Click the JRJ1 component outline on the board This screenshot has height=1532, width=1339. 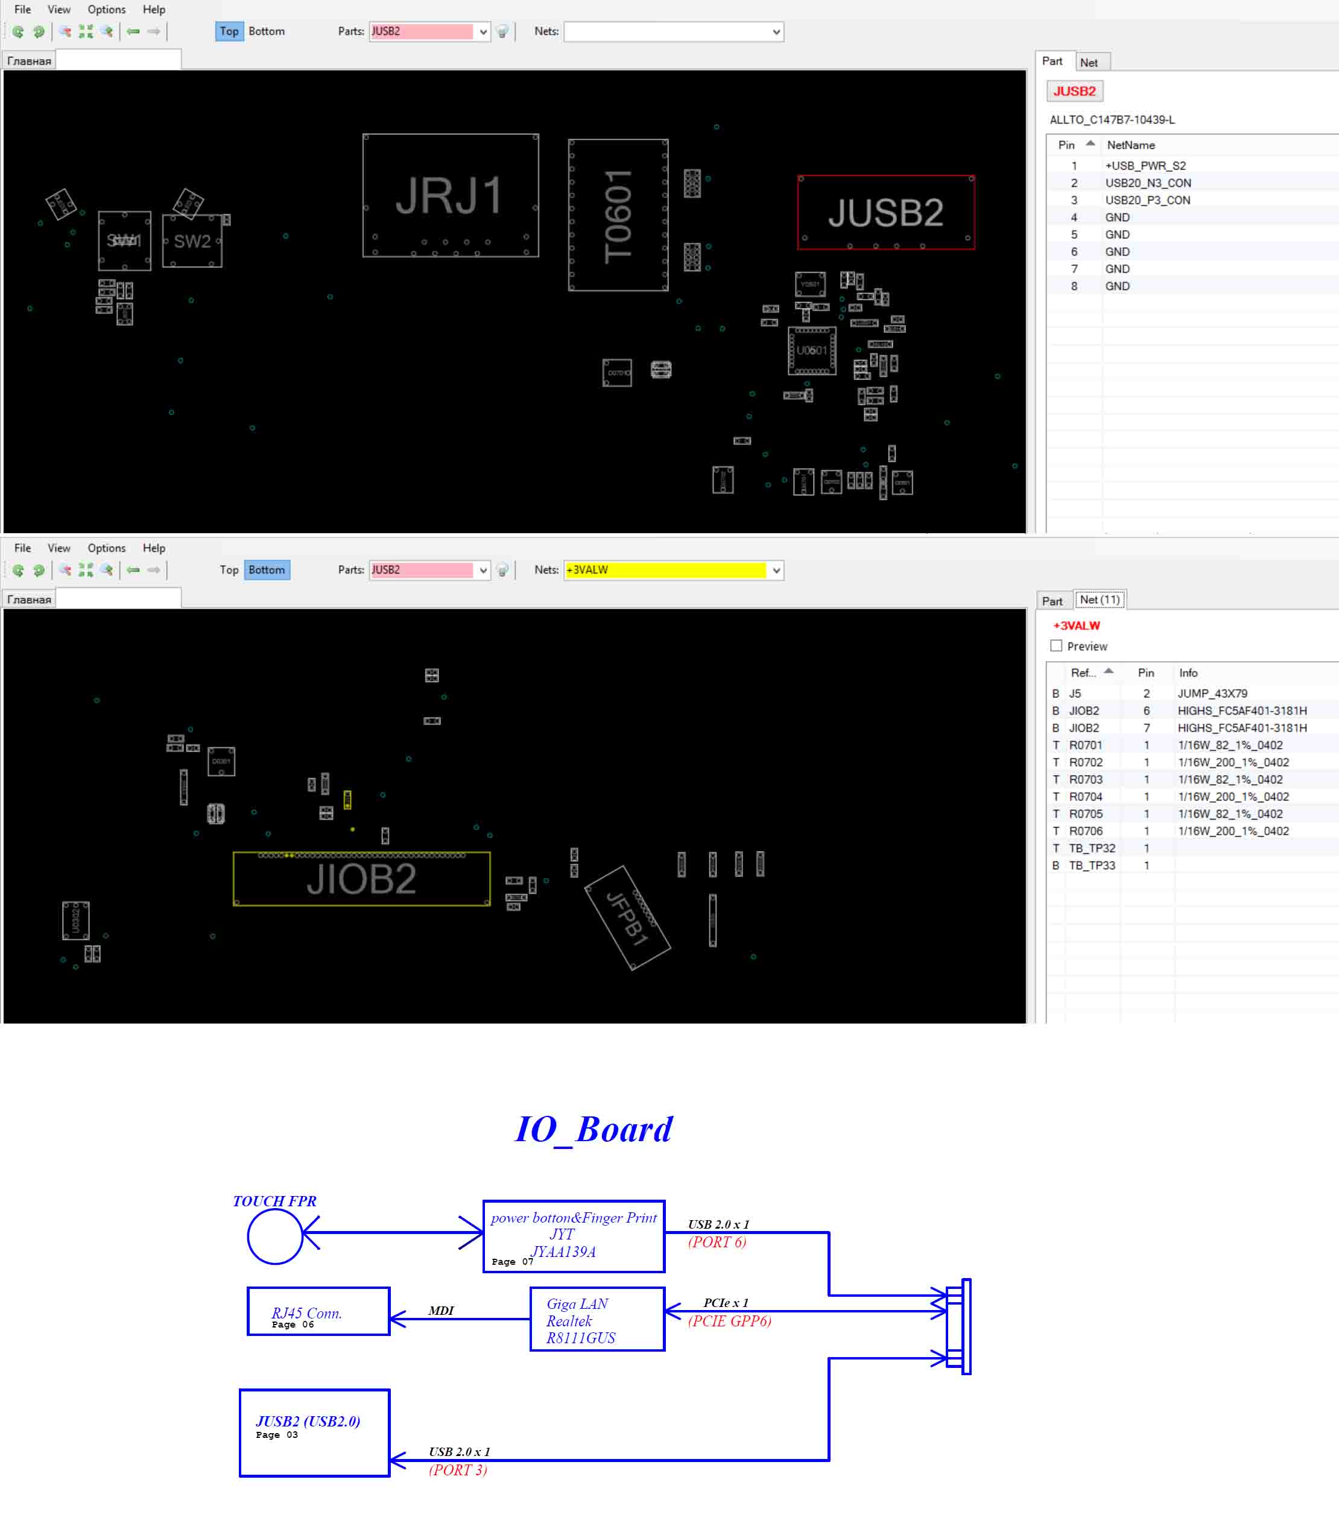pyautogui.click(x=450, y=196)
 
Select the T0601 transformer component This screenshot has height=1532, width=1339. pyautogui.click(x=618, y=215)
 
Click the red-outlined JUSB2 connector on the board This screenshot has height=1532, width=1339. pyautogui.click(x=885, y=213)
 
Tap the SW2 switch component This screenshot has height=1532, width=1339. pyautogui.click(x=192, y=241)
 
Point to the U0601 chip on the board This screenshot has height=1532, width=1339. pyautogui.click(x=811, y=350)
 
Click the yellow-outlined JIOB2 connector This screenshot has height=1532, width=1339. pyautogui.click(x=362, y=879)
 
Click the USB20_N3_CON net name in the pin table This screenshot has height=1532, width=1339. pyautogui.click(x=1148, y=183)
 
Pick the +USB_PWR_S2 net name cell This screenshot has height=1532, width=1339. pyautogui.click(x=1145, y=166)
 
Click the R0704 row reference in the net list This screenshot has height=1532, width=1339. pyautogui.click(x=1085, y=797)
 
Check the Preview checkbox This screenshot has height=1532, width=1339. pyautogui.click(x=1056, y=646)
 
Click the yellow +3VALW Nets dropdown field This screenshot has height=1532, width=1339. pyautogui.click(x=665, y=570)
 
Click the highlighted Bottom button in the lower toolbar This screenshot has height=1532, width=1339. pyautogui.click(x=267, y=570)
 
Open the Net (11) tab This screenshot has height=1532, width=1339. pyautogui.click(x=1099, y=600)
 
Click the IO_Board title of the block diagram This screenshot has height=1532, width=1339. pyautogui.click(x=594, y=1129)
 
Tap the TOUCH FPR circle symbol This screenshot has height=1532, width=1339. pyautogui.click(x=275, y=1237)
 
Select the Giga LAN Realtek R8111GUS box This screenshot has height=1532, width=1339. pyautogui.click(x=597, y=1319)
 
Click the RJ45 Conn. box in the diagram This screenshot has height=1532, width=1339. pyautogui.click(x=318, y=1311)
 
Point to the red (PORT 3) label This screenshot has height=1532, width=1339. pyautogui.click(x=457, y=1470)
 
